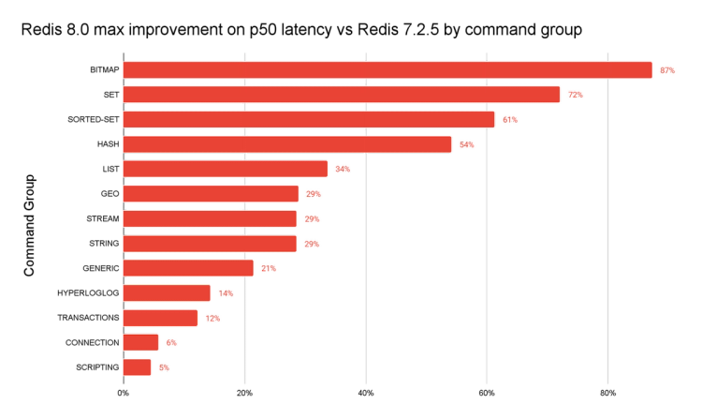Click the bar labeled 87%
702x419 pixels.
click(x=387, y=70)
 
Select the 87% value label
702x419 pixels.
click(x=667, y=71)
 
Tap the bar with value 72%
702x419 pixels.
click(x=341, y=95)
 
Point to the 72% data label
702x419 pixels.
click(x=575, y=96)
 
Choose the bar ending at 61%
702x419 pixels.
click(x=308, y=120)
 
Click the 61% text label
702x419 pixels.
click(x=510, y=120)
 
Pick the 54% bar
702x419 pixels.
click(x=287, y=144)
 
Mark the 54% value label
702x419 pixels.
click(x=466, y=145)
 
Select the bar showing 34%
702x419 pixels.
click(x=225, y=169)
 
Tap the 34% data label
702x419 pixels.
click(x=343, y=170)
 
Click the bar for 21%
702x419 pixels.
click(x=187, y=268)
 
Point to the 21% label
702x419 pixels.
click(x=269, y=269)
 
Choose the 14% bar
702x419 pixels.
click(x=166, y=293)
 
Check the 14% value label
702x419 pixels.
click(x=226, y=293)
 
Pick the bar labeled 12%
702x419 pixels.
click(x=160, y=319)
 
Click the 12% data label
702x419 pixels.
click(x=212, y=319)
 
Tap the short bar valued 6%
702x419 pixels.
click(x=140, y=342)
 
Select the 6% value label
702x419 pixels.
click(x=171, y=343)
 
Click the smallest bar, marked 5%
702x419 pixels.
click(x=137, y=367)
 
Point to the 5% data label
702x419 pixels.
click(x=164, y=368)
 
